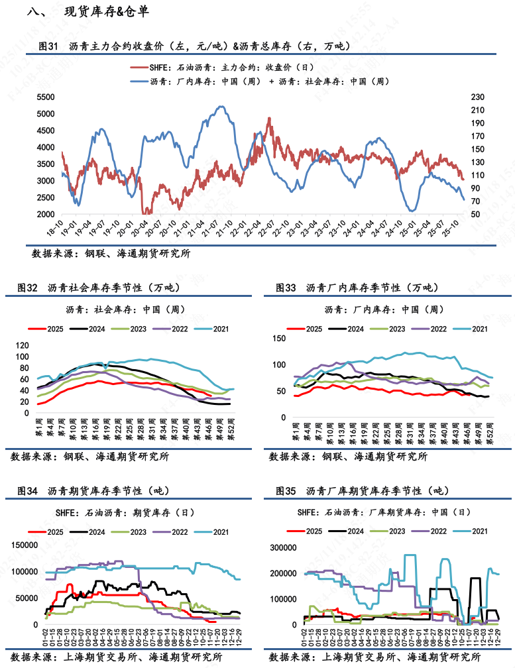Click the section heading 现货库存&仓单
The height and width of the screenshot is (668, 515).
pos(106,13)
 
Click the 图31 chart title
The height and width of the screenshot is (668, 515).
pos(192,46)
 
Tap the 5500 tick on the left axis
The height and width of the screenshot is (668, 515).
pos(45,97)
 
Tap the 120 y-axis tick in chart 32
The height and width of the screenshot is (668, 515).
pos(22,345)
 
